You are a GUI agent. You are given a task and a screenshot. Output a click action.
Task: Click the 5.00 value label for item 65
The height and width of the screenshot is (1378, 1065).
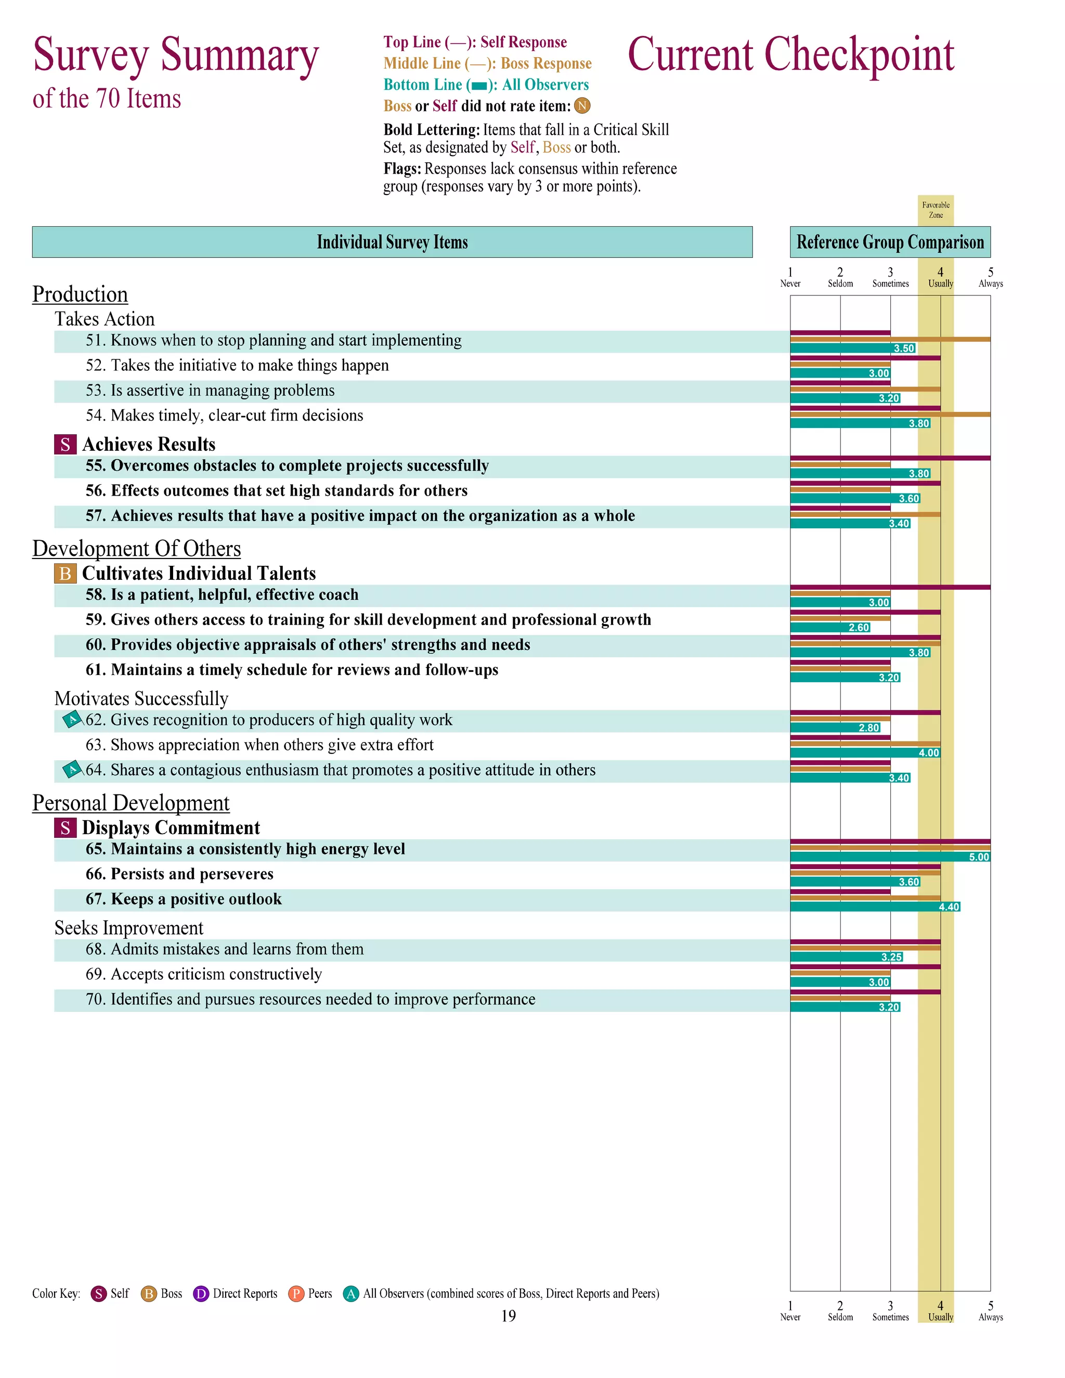(979, 857)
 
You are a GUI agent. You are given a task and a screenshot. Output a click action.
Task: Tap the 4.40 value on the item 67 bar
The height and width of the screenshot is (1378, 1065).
(949, 907)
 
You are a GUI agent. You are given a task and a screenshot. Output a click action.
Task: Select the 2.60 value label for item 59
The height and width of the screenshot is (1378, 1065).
(859, 627)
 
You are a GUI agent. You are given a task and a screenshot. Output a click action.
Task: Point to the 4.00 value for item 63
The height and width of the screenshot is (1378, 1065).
(929, 753)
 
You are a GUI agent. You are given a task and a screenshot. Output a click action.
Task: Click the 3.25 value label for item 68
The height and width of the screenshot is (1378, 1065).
(891, 957)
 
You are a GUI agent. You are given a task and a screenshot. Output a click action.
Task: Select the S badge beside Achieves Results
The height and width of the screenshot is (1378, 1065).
(65, 445)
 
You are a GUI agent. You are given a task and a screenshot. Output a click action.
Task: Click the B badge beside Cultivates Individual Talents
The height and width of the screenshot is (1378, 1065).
(65, 574)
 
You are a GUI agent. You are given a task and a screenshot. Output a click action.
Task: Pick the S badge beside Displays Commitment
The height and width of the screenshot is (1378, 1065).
(65, 828)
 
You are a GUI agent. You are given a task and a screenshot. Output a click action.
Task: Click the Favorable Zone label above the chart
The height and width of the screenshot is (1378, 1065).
(936, 210)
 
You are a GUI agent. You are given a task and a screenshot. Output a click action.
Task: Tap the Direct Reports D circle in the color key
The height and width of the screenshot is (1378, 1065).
(201, 1294)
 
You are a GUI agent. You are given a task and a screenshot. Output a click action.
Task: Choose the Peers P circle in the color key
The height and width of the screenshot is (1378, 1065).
(296, 1294)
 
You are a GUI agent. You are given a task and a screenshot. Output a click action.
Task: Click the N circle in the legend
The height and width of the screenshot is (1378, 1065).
(582, 106)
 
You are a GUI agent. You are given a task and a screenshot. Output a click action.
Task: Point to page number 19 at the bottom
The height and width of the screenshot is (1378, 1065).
(509, 1316)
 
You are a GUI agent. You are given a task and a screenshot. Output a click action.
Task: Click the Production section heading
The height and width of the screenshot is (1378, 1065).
(80, 294)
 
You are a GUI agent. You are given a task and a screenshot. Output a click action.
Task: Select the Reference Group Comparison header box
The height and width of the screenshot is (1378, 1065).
(890, 242)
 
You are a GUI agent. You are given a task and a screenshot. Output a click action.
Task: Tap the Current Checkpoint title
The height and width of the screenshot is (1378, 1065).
(790, 55)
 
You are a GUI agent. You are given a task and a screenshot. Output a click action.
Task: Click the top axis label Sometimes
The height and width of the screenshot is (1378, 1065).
(890, 284)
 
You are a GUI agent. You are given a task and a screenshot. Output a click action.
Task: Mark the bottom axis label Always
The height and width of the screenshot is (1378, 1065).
(991, 1318)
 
